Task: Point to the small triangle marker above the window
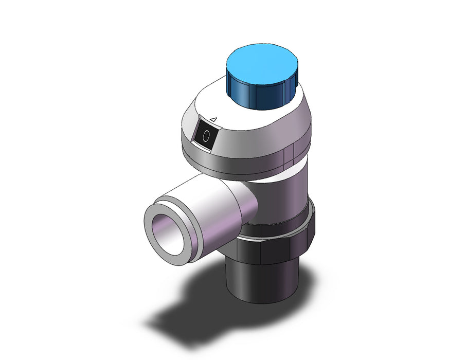tap(213, 119)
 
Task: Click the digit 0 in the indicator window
tap(206, 136)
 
